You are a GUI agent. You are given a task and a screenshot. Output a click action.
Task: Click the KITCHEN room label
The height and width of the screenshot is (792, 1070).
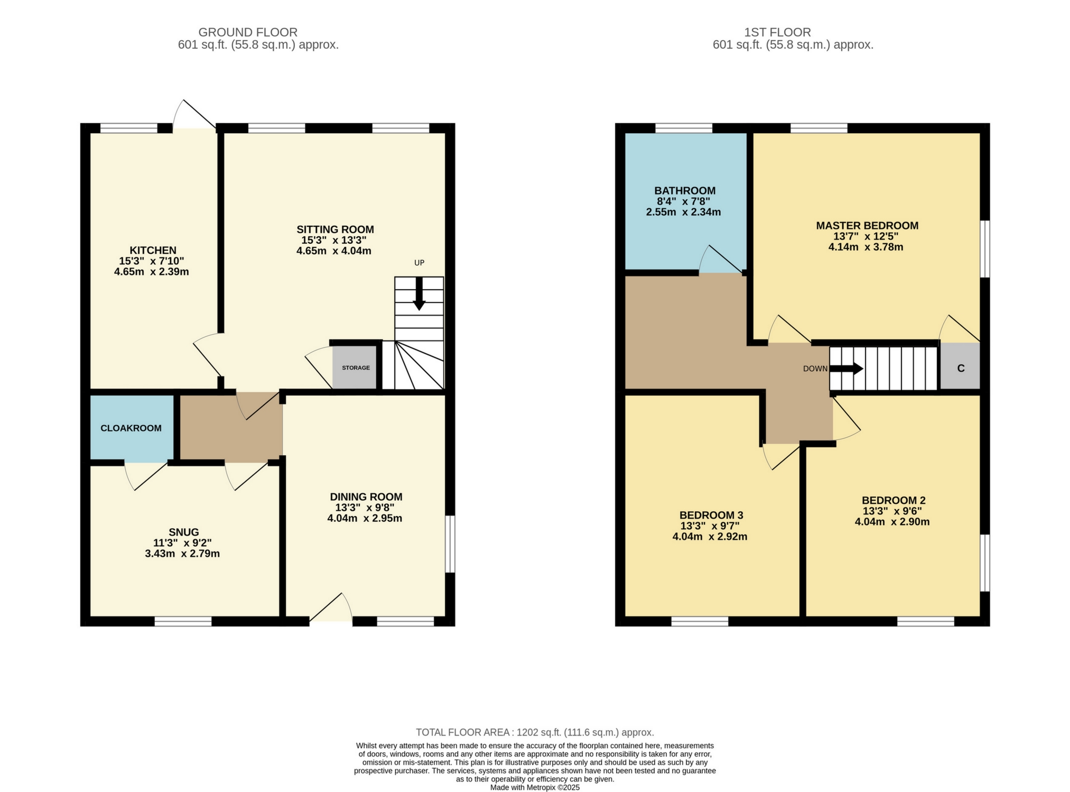(x=153, y=250)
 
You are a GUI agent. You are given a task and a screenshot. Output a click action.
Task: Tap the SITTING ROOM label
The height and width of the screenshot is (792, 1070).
(x=335, y=229)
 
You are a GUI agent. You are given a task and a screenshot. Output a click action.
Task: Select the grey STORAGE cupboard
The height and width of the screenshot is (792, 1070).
(x=355, y=367)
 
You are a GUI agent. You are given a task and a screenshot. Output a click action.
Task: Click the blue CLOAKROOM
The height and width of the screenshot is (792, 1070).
(x=131, y=428)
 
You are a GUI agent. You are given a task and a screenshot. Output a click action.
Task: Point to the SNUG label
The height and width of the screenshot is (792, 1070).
(x=183, y=532)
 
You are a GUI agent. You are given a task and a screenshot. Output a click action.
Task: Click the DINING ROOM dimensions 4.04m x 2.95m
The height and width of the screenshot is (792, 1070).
(x=364, y=518)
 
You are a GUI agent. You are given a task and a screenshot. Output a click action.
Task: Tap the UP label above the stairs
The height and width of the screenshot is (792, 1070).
(x=419, y=263)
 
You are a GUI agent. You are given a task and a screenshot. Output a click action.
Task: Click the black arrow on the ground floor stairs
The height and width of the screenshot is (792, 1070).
(x=419, y=294)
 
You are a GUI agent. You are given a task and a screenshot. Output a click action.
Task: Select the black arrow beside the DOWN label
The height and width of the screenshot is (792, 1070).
(x=846, y=369)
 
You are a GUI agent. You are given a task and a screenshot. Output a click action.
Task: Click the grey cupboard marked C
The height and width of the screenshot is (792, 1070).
(x=960, y=368)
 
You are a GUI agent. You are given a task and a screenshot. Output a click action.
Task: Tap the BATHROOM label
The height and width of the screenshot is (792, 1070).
(x=684, y=190)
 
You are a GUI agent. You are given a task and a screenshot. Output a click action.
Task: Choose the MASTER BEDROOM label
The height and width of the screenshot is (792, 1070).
(x=867, y=226)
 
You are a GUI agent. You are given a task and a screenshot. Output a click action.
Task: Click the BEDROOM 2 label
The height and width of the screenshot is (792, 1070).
(x=893, y=500)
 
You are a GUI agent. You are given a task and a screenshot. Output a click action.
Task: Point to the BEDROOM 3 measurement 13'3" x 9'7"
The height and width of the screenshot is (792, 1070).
(x=710, y=526)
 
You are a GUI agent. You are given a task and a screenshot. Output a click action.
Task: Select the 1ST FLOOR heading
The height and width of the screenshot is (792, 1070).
(x=777, y=32)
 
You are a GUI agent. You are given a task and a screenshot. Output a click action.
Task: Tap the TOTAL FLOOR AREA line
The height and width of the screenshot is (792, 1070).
(x=534, y=732)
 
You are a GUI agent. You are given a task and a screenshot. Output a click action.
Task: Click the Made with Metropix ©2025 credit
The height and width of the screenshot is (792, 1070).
(x=534, y=787)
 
